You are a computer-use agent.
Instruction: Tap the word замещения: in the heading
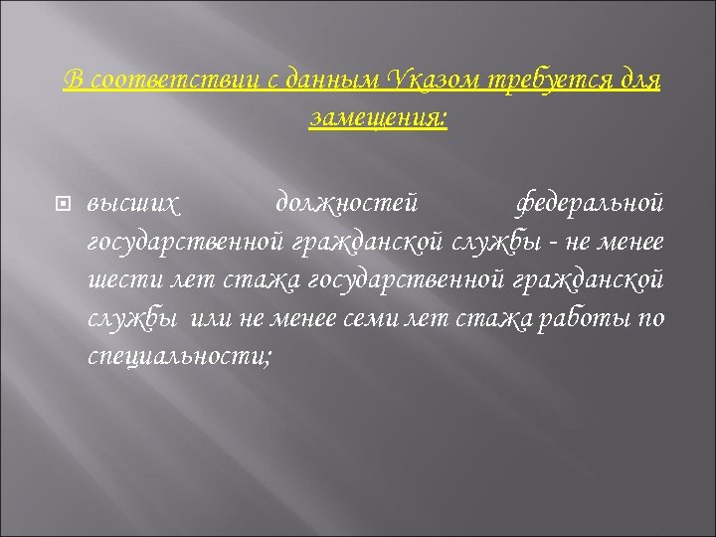pos(379,118)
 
